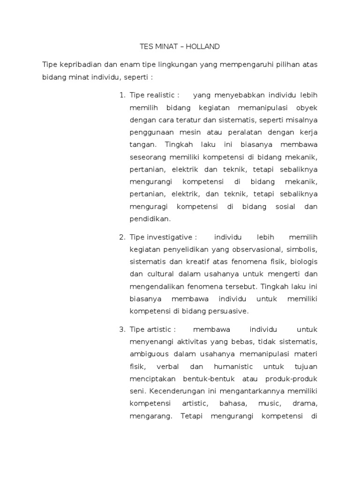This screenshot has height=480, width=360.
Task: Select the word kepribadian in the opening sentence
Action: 79,64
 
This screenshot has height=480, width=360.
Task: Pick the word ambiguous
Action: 149,354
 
